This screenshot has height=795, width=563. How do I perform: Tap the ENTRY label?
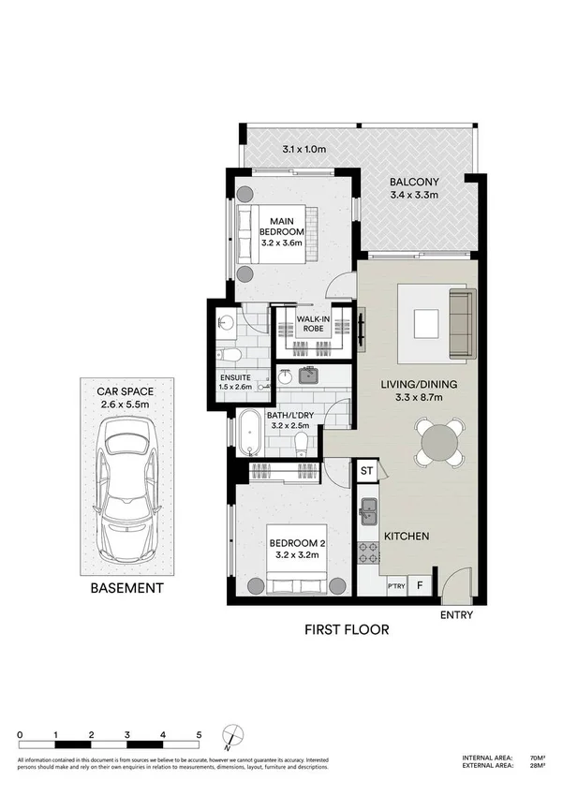click(x=457, y=615)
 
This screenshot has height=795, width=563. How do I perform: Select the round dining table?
click(x=437, y=442)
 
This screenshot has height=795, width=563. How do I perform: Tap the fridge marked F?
click(x=420, y=587)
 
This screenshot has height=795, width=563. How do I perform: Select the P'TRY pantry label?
click(x=394, y=587)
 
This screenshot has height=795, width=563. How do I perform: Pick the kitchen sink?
click(x=367, y=512)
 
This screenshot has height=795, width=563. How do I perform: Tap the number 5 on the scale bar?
click(x=199, y=734)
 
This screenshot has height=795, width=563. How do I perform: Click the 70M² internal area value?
click(x=537, y=758)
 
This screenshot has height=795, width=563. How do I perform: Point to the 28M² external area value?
click(x=537, y=767)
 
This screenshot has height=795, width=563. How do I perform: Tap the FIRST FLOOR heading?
click(x=347, y=629)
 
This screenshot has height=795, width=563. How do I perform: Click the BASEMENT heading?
click(x=126, y=589)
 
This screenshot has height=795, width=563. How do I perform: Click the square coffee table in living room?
click(x=426, y=322)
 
